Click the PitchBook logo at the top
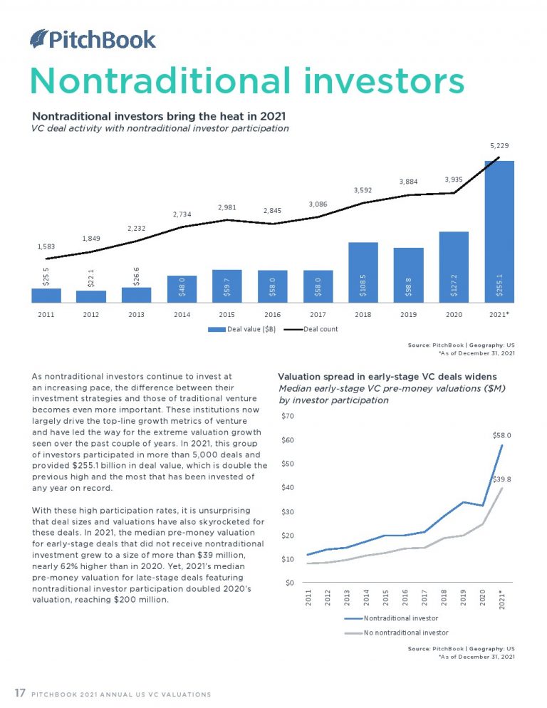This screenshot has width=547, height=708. point(93,38)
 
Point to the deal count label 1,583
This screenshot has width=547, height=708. point(46,246)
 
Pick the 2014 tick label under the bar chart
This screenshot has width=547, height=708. point(182,314)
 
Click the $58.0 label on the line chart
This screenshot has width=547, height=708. point(501,433)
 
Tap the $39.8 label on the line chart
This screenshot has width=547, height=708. point(502,480)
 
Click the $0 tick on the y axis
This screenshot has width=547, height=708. point(288,583)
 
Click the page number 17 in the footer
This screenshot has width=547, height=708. point(21,693)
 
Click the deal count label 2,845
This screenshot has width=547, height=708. point(271,211)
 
